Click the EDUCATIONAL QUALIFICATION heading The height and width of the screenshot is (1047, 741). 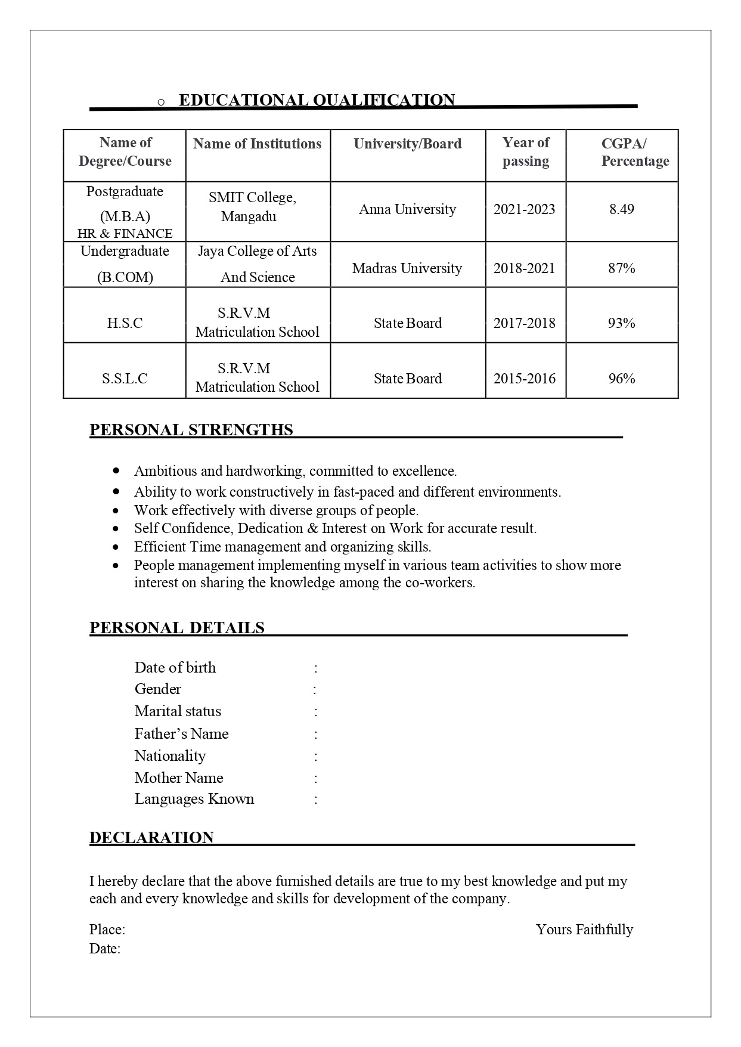317,100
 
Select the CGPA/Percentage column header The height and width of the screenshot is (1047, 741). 634,152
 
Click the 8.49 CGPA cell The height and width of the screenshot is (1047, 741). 621,209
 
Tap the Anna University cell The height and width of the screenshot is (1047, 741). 407,209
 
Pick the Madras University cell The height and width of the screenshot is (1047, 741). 407,268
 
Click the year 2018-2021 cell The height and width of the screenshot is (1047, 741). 524,268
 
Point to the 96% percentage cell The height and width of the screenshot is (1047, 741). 621,379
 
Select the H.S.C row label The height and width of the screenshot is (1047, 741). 125,323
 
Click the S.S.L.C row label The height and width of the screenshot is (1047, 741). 125,379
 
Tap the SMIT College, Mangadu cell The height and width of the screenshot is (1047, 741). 252,207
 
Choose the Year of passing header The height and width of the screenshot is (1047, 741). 525,152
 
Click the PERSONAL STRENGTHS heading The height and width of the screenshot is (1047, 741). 191,430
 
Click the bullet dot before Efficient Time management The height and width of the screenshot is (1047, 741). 116,547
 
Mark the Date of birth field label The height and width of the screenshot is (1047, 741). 175,668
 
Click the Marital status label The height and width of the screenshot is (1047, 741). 178,711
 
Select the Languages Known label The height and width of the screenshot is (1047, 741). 194,799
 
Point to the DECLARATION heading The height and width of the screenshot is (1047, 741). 151,838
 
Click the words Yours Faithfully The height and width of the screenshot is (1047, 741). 584,930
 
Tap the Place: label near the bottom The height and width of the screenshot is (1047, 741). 107,930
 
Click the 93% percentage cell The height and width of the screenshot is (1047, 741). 621,323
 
